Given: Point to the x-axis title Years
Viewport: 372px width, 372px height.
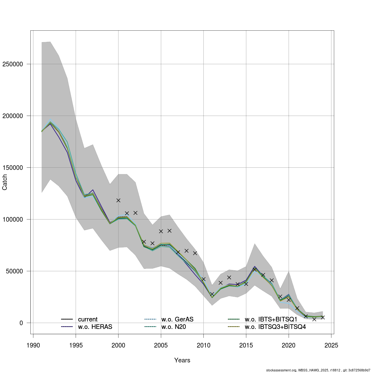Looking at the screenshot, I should (182, 360).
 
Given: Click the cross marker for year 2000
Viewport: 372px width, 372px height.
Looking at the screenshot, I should (118, 200).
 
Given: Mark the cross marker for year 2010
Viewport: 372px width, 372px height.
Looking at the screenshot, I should (203, 279).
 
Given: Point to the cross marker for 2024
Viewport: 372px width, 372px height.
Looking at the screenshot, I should (323, 317).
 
